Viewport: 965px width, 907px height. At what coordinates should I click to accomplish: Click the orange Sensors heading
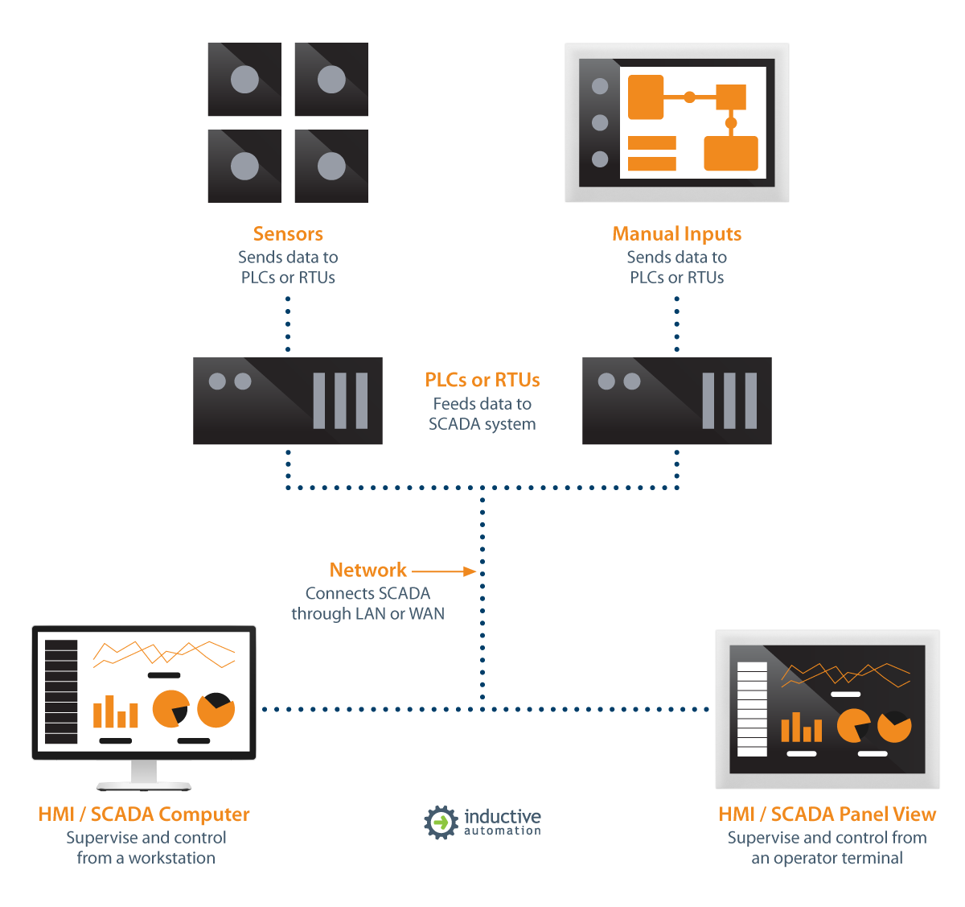click(x=288, y=234)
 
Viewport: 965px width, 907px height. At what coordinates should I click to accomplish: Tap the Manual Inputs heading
click(x=676, y=234)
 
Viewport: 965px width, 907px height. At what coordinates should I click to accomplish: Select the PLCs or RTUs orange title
click(x=482, y=380)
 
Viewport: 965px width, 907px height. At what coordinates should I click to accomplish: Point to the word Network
click(x=368, y=570)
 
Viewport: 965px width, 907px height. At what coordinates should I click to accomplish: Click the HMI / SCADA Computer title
click(x=144, y=814)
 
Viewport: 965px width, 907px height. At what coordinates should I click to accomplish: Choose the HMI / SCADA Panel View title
click(x=827, y=814)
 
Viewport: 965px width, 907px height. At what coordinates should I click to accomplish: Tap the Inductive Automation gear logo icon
click(x=441, y=822)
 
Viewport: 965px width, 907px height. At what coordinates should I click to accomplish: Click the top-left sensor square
click(x=244, y=79)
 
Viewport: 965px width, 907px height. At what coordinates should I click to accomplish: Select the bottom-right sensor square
click(x=331, y=166)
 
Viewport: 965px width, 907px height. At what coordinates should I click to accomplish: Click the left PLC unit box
click(x=287, y=401)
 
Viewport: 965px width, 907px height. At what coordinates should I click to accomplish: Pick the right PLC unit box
click(x=676, y=401)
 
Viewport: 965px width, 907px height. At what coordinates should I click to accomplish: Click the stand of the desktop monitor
click(x=144, y=774)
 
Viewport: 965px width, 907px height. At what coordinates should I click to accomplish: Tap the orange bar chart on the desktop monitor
click(x=115, y=712)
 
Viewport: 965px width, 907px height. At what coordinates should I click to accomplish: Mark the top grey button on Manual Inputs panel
click(x=600, y=86)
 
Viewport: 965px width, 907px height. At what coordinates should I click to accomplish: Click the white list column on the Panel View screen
click(x=752, y=709)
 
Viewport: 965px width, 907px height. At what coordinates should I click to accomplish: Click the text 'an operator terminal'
click(x=827, y=858)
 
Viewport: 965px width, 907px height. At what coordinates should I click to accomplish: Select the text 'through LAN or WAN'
click(x=368, y=613)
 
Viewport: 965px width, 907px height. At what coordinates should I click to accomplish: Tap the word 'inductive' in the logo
click(x=503, y=816)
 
